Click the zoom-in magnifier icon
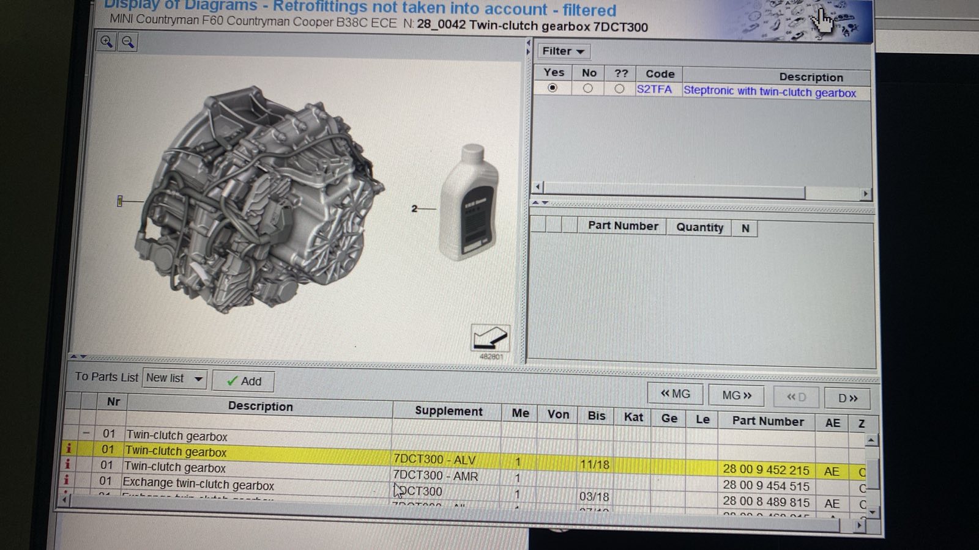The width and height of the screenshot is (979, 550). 106,42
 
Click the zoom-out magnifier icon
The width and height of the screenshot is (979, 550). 128,42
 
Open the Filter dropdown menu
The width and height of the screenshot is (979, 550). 563,51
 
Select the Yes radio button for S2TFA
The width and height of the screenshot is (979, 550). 553,88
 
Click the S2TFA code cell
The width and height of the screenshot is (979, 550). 654,89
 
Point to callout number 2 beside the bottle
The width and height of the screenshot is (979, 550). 414,209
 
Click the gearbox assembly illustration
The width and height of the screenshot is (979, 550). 257,202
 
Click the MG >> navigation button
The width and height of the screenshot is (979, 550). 736,395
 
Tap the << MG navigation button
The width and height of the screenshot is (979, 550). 675,394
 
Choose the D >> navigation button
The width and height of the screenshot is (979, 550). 847,398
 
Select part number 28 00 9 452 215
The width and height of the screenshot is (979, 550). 765,469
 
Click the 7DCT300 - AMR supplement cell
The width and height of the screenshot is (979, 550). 435,475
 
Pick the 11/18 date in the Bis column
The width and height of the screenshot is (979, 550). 594,464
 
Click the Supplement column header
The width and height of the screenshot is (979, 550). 449,411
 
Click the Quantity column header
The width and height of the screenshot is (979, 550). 699,227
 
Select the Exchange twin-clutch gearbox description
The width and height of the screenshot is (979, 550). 198,483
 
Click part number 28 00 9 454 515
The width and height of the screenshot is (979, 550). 765,486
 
